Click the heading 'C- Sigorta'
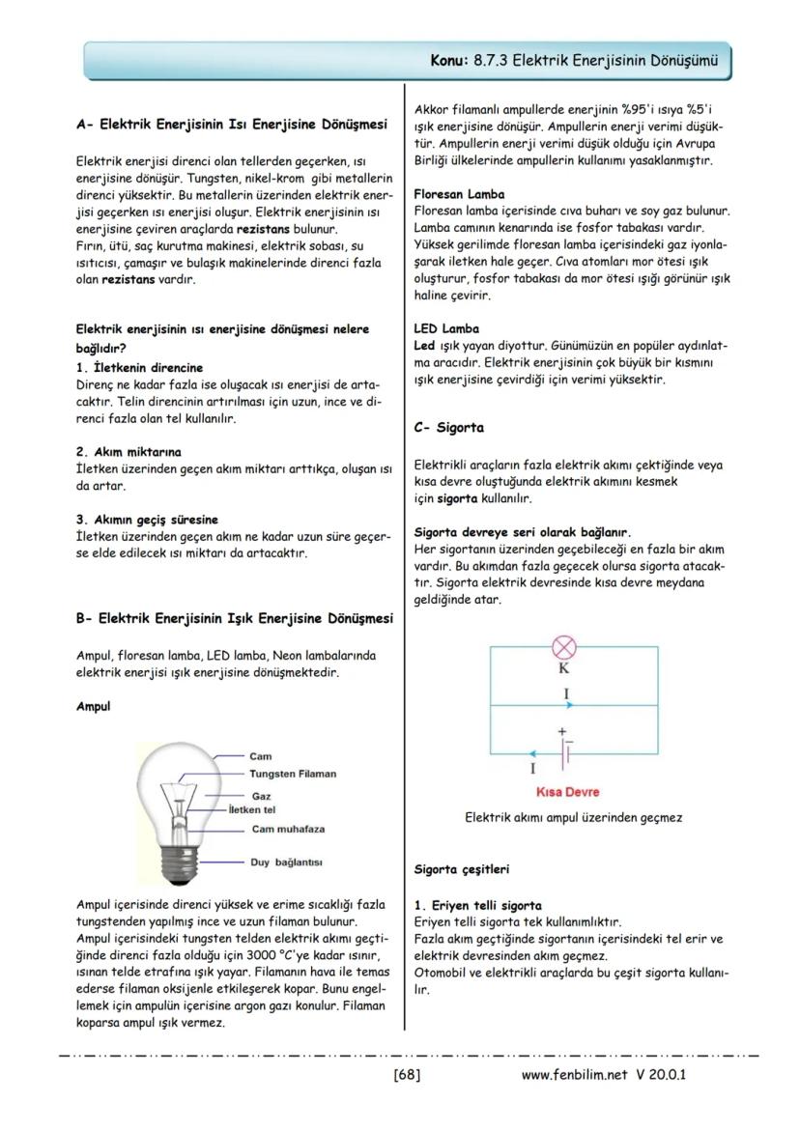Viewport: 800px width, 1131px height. tap(448, 427)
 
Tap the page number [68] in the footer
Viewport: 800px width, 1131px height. tap(407, 1074)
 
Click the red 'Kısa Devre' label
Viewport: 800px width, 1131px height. tap(567, 792)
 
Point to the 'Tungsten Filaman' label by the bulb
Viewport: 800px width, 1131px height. tap(293, 774)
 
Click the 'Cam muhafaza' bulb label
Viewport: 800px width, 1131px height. tap(288, 829)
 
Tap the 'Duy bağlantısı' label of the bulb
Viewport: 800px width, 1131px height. tap(286, 862)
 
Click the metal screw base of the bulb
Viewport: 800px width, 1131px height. tap(178, 863)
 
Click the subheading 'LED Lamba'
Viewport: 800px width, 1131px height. tap(445, 328)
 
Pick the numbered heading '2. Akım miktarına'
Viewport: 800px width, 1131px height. tap(129, 451)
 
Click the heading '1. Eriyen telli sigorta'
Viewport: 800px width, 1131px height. tap(477, 906)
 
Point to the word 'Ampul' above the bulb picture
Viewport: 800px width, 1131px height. tap(93, 706)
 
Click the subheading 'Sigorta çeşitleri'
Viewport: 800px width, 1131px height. tap(461, 869)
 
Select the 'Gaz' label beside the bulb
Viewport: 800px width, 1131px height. tap(260, 795)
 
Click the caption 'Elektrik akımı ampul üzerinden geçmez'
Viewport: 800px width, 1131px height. tap(574, 817)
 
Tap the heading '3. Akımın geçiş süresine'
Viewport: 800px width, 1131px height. tap(147, 519)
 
